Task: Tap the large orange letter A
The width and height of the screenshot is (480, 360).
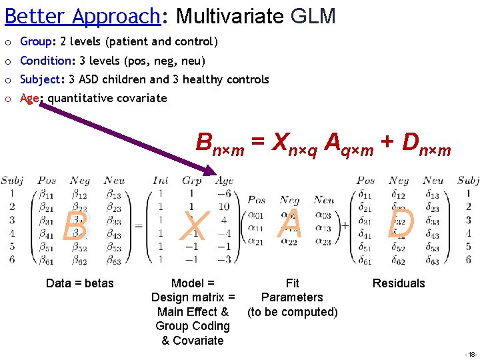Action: click(291, 223)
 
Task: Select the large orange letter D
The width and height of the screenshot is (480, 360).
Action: click(401, 225)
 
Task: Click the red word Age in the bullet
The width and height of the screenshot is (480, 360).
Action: click(29, 99)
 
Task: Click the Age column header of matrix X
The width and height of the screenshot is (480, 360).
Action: click(225, 181)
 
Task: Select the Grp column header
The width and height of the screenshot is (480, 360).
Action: click(192, 181)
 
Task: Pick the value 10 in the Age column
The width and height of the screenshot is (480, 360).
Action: click(225, 207)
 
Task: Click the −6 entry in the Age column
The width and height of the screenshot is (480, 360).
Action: click(224, 194)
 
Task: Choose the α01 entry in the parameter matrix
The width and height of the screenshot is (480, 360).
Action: click(256, 214)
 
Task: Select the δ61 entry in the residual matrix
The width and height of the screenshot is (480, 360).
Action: click(365, 259)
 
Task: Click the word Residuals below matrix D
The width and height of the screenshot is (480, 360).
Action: click(399, 283)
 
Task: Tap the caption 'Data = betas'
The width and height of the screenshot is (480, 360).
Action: click(80, 283)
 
